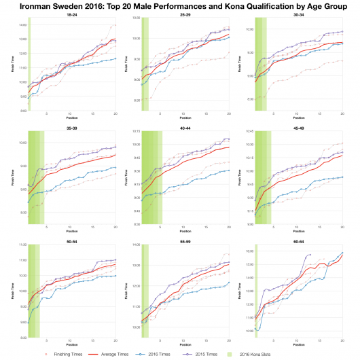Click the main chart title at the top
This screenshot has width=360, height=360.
[180, 5]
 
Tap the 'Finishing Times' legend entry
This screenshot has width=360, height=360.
[42, 354]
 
